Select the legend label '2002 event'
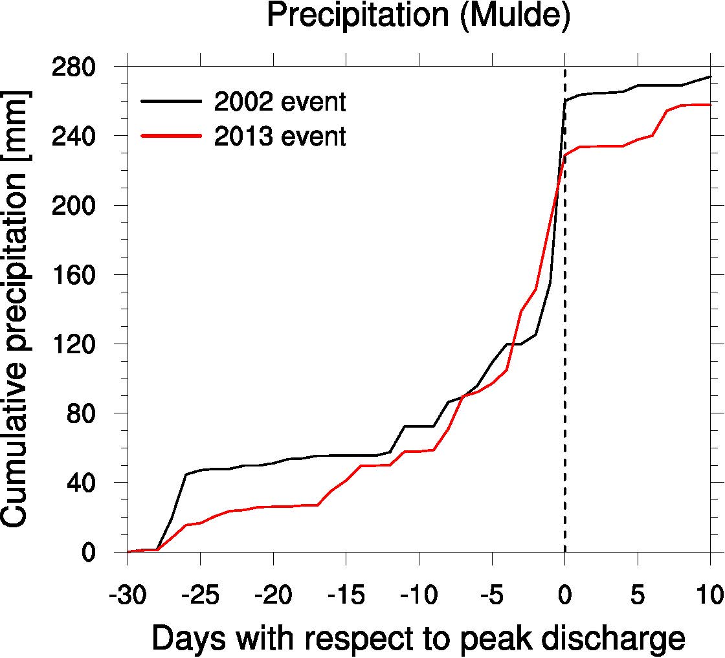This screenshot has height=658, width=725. (280, 102)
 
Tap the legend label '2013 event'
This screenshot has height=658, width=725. (280, 137)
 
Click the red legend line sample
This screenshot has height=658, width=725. (171, 137)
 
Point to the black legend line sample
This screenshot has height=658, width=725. (171, 102)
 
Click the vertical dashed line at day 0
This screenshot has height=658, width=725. (565, 324)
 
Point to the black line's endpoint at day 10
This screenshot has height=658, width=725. (710, 77)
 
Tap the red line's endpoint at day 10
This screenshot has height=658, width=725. (710, 104)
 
